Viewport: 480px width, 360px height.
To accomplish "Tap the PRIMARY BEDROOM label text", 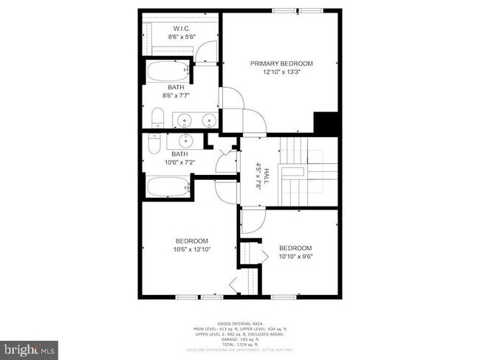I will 281,63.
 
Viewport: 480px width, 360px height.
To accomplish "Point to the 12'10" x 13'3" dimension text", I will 281,72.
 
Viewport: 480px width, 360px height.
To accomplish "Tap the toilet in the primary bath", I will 157,118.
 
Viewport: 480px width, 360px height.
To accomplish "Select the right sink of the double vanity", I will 210,120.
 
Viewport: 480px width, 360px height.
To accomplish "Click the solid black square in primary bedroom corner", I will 326,122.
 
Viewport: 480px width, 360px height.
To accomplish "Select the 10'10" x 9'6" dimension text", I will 295,257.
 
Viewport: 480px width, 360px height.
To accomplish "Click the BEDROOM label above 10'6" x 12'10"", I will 191,241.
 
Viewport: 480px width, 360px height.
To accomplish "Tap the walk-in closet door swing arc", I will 209,49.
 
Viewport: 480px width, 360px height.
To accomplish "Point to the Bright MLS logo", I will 30,347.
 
